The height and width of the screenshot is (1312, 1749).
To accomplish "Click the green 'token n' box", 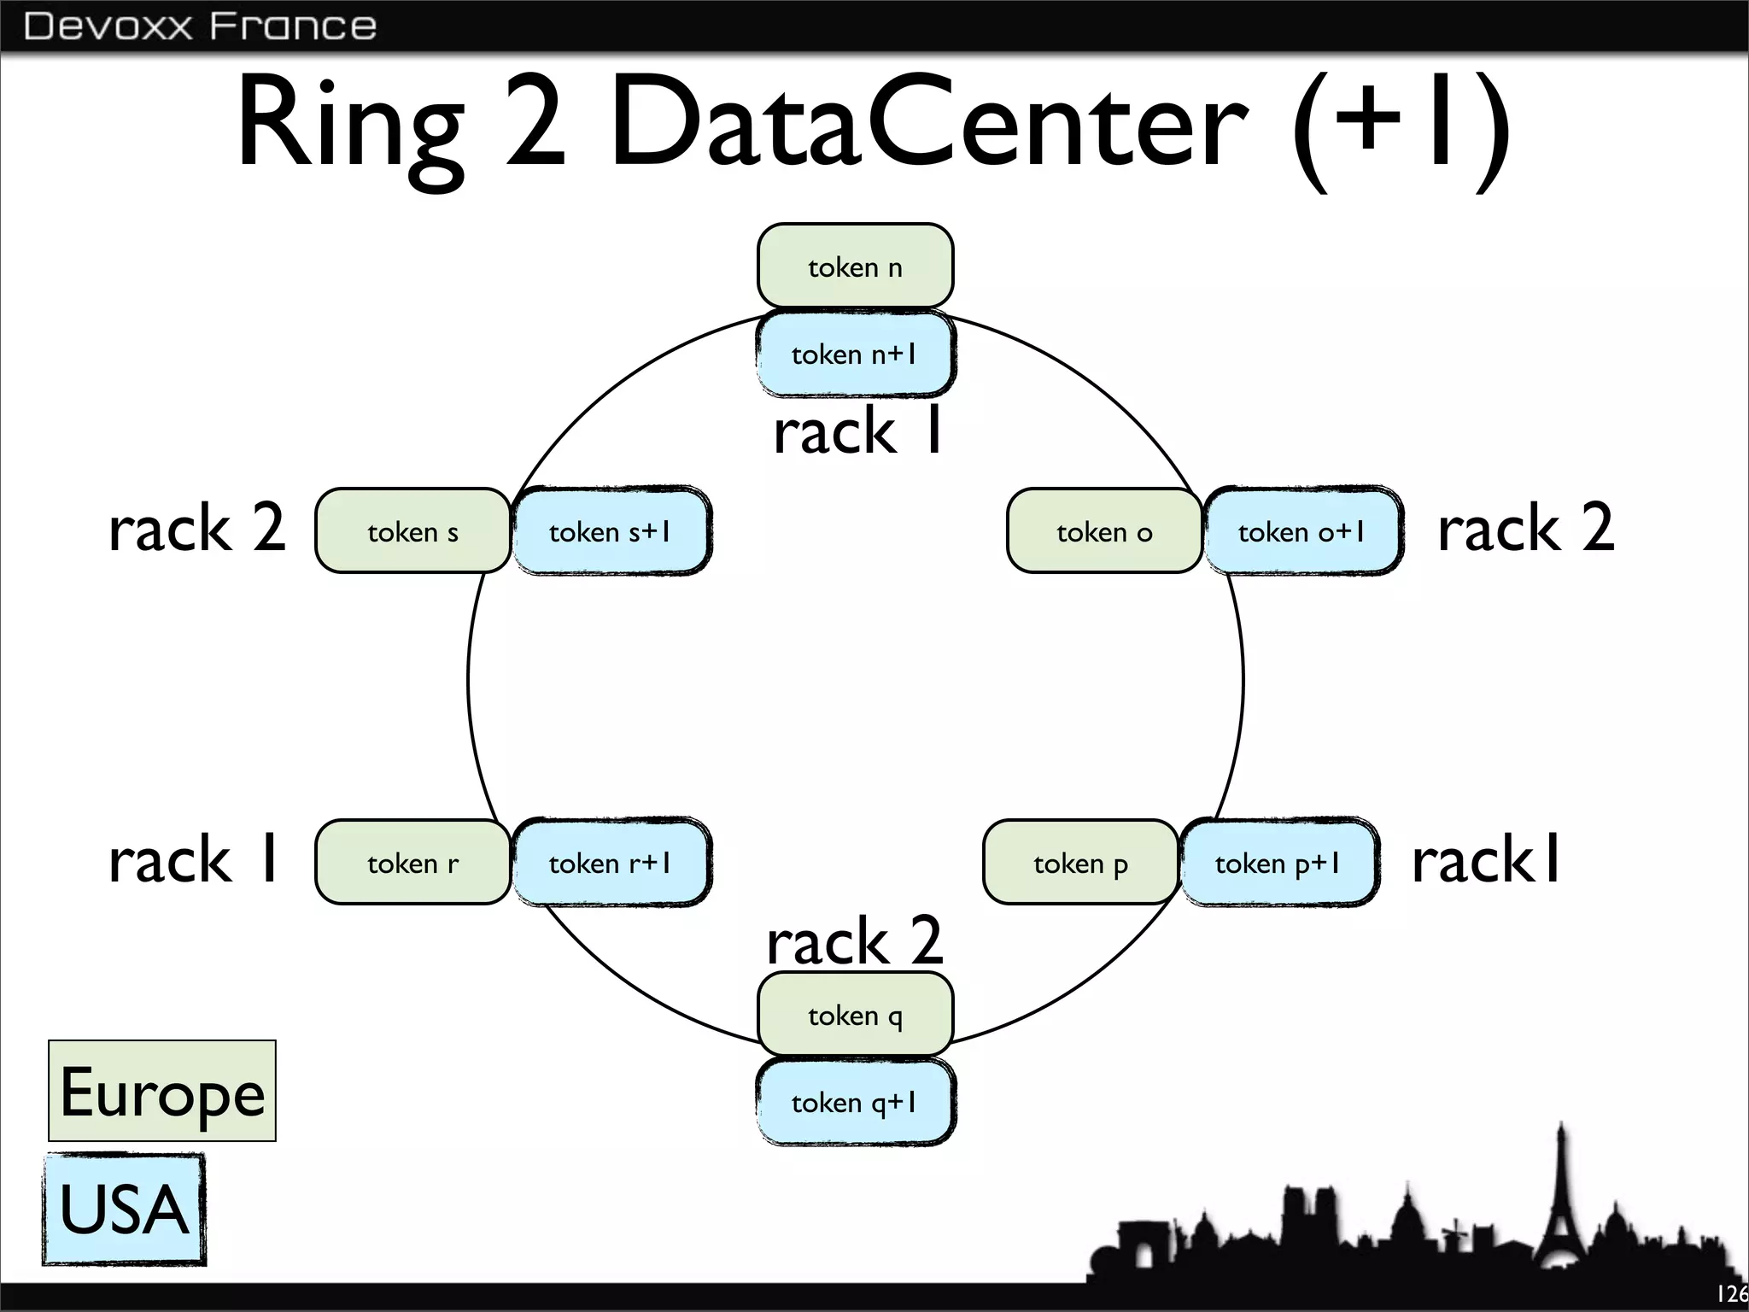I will [855, 266].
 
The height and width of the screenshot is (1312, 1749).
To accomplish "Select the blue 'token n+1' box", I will [855, 354].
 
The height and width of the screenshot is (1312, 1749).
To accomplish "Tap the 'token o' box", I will [1103, 531].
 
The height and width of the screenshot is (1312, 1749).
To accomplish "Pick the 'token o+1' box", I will [1302, 531].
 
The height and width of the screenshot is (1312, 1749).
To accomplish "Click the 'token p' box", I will [1080, 863].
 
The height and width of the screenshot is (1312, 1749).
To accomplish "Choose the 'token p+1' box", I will [1278, 863].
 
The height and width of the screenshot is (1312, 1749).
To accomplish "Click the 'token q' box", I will [855, 1015].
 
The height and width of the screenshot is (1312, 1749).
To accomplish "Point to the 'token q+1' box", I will [855, 1102].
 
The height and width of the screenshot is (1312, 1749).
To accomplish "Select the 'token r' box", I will [412, 863].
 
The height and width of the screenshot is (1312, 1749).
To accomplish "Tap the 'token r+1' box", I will [610, 863].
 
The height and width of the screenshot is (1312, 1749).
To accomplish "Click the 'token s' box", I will [412, 531].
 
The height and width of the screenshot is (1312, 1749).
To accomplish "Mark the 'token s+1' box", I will [610, 531].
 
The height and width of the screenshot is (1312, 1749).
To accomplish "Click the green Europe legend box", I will [162, 1091].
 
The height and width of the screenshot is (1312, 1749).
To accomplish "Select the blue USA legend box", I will [124, 1209].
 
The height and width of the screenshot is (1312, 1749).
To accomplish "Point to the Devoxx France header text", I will [200, 26].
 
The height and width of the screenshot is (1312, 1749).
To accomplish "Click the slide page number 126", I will [1731, 1294].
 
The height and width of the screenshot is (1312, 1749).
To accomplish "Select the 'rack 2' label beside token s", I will [197, 527].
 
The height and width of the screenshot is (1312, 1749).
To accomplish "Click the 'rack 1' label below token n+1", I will [857, 430].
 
